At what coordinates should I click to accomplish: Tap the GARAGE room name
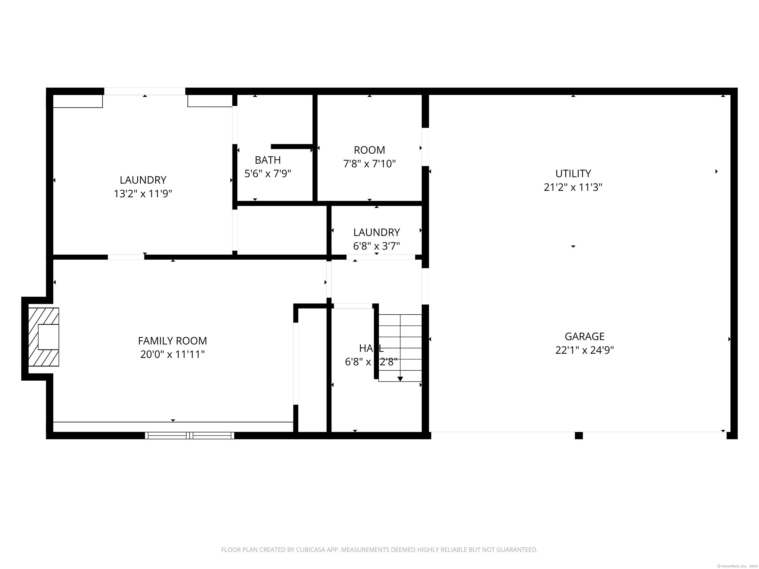584,336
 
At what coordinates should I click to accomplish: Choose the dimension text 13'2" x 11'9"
143,194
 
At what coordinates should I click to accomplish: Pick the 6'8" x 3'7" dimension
377,246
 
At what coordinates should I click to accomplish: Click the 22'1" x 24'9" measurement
584,350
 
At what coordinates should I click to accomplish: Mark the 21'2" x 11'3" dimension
573,187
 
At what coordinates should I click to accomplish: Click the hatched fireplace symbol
43,337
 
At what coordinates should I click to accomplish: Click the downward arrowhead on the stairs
400,379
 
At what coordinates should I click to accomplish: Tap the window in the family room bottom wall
190,436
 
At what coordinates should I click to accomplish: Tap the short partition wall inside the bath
292,146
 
